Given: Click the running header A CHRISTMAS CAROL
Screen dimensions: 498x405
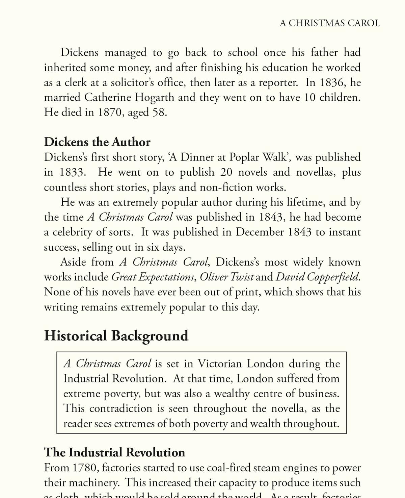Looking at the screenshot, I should coord(330,23).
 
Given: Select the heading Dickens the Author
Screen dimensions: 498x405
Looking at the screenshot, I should coord(97,142).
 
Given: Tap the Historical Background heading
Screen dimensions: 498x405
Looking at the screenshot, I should coord(116,336).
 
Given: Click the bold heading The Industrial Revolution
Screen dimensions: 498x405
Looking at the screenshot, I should coord(114,452).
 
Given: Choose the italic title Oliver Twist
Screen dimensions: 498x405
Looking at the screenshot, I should coord(226,277).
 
